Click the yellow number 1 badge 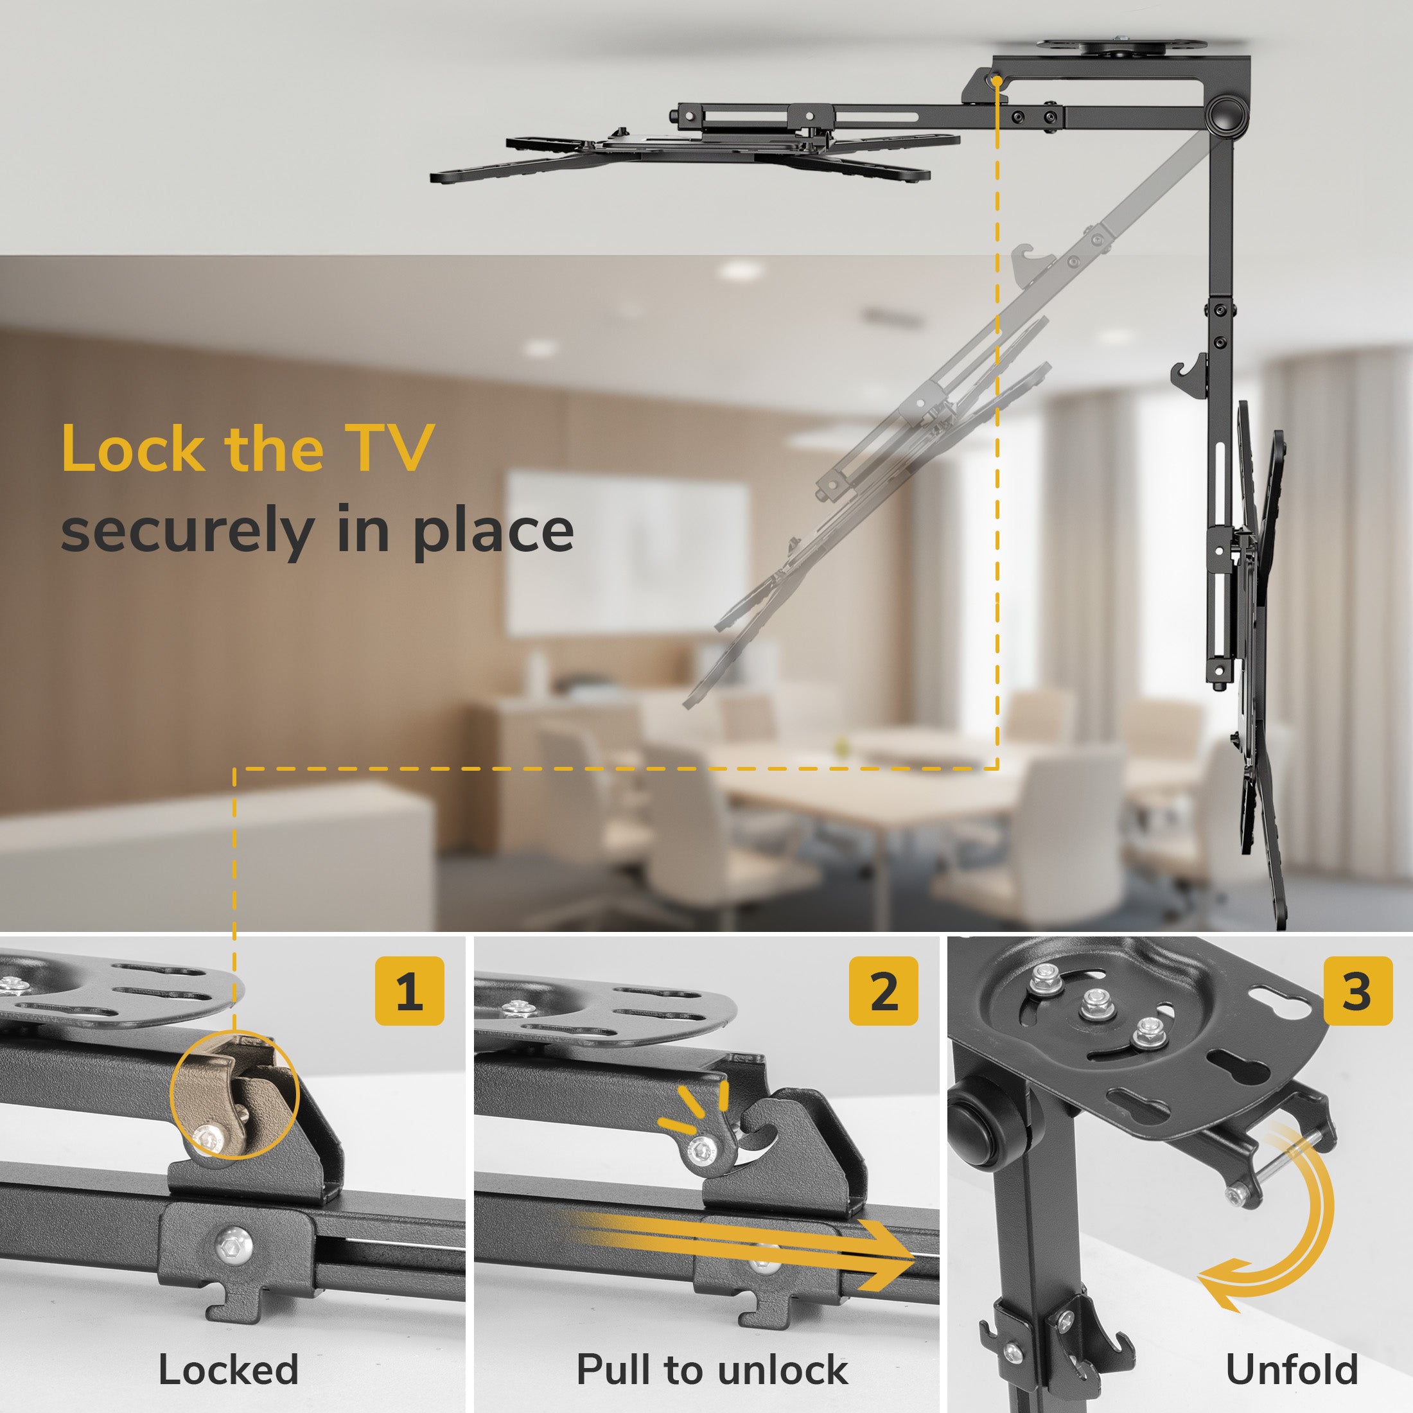tap(410, 990)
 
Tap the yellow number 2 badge tap(884, 990)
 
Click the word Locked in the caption tap(229, 1369)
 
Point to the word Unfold tap(1292, 1369)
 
